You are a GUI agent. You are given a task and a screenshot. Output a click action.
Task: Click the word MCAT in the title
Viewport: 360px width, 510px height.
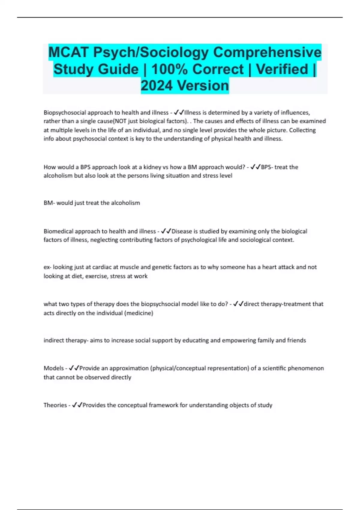click(x=68, y=52)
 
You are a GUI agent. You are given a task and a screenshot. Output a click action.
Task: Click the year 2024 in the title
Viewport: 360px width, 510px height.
click(x=157, y=85)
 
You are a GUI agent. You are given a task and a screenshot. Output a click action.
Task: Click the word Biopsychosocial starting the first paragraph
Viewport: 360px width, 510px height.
click(x=64, y=112)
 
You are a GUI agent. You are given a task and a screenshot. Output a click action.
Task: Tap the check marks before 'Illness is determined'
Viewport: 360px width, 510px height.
click(x=179, y=112)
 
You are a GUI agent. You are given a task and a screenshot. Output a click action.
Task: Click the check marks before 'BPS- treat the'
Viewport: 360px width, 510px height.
click(x=255, y=167)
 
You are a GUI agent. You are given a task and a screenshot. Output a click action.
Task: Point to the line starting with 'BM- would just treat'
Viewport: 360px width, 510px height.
click(x=92, y=203)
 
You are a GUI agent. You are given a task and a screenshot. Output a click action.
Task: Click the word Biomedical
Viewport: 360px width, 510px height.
click(x=58, y=231)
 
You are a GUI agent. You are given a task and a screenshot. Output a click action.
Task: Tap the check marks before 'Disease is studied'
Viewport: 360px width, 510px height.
click(x=166, y=231)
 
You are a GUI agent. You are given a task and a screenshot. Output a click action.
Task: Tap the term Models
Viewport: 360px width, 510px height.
click(x=54, y=368)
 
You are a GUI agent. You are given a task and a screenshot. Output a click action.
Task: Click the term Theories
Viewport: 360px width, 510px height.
click(x=55, y=405)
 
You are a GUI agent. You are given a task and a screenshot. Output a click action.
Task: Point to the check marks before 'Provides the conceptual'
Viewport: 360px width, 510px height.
click(x=77, y=405)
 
